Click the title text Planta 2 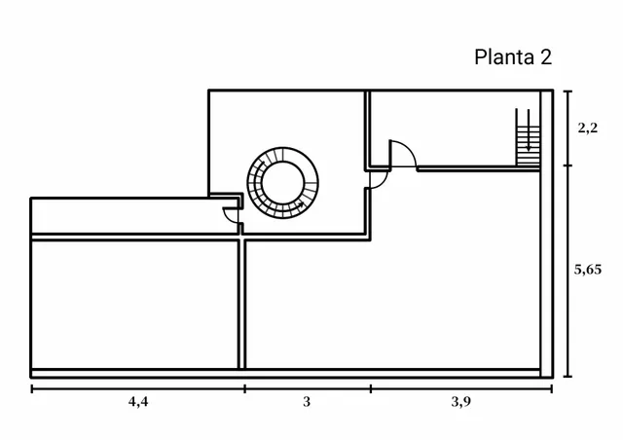pyautogui.click(x=513, y=56)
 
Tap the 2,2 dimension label pyautogui.click(x=588, y=128)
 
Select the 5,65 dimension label pyautogui.click(x=588, y=270)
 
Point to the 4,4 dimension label pyautogui.click(x=138, y=402)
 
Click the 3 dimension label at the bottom pyautogui.click(x=307, y=402)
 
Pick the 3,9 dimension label pyautogui.click(x=460, y=402)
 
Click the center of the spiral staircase pyautogui.click(x=283, y=182)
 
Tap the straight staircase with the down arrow pyautogui.click(x=528, y=137)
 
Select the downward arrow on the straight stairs pyautogui.click(x=529, y=130)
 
